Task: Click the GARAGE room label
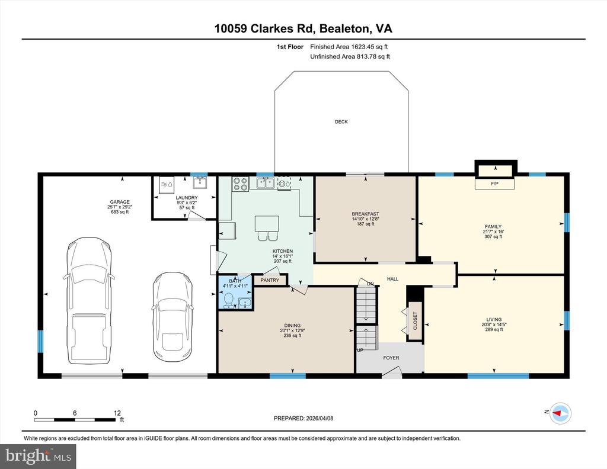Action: tap(119, 202)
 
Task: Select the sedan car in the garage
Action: tap(169, 317)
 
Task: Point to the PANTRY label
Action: tap(270, 281)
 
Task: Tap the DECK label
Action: tap(341, 122)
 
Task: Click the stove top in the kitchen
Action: tap(240, 184)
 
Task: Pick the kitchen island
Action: tap(267, 224)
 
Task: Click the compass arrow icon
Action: tap(559, 413)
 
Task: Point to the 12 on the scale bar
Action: tap(117, 413)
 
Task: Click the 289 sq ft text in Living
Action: tap(493, 329)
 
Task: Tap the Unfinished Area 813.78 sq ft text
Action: tap(350, 57)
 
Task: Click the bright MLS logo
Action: tap(39, 455)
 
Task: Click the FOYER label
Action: tap(391, 358)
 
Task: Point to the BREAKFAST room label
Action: tap(365, 214)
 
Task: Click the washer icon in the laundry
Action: tap(164, 184)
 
